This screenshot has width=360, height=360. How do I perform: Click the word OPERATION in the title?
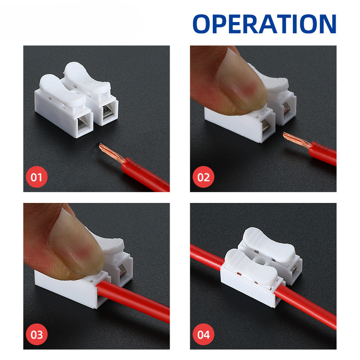[x=265, y=24]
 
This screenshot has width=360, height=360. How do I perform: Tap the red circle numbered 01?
[x=36, y=177]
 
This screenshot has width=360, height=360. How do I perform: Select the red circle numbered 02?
[x=203, y=177]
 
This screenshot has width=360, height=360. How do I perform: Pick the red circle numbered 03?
[x=36, y=334]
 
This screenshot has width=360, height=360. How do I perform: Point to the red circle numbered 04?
[x=203, y=334]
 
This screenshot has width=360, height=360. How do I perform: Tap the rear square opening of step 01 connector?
[x=108, y=112]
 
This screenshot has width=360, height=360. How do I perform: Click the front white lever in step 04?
[x=251, y=267]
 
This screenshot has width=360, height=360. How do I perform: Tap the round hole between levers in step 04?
[x=260, y=261]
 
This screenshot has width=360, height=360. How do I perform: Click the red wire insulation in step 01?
[x=145, y=175]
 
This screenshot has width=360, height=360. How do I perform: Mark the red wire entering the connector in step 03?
[x=133, y=301]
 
